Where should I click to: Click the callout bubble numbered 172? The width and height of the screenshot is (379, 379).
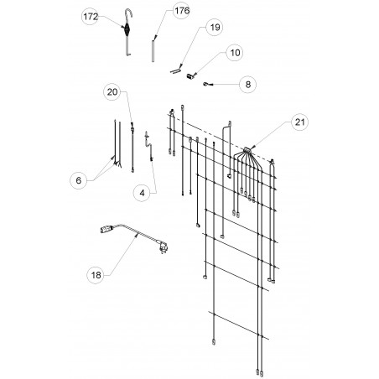pos(91,17)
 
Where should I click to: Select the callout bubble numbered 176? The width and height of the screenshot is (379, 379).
pos(181,11)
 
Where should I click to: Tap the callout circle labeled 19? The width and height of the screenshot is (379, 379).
pos(215,28)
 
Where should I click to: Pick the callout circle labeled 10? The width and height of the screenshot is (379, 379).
pos(235,53)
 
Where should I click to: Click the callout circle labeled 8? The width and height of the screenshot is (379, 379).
pos(248,85)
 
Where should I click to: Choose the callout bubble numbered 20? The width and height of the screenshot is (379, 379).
pos(112,92)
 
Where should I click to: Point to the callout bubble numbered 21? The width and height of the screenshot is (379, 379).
pos(300,122)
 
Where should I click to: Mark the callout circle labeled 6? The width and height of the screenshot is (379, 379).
pos(79,180)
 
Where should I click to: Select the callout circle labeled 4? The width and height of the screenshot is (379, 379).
pos(142,193)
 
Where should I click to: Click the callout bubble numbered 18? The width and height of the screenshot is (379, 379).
pos(96,275)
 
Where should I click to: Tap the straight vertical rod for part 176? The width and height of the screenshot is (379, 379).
pos(153,51)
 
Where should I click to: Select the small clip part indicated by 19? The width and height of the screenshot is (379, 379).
pos(176,70)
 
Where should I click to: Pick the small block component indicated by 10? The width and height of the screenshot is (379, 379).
pos(190,75)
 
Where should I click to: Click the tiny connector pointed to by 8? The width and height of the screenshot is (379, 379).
pos(205,84)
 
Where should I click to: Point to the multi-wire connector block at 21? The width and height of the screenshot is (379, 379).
pos(247,150)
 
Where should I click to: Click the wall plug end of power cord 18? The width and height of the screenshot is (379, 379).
pos(164,247)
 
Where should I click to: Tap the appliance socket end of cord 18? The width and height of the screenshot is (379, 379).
pos(106,230)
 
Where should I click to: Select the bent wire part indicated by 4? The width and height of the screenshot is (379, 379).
pos(148,146)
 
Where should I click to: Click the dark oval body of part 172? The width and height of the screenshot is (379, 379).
pos(127,29)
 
